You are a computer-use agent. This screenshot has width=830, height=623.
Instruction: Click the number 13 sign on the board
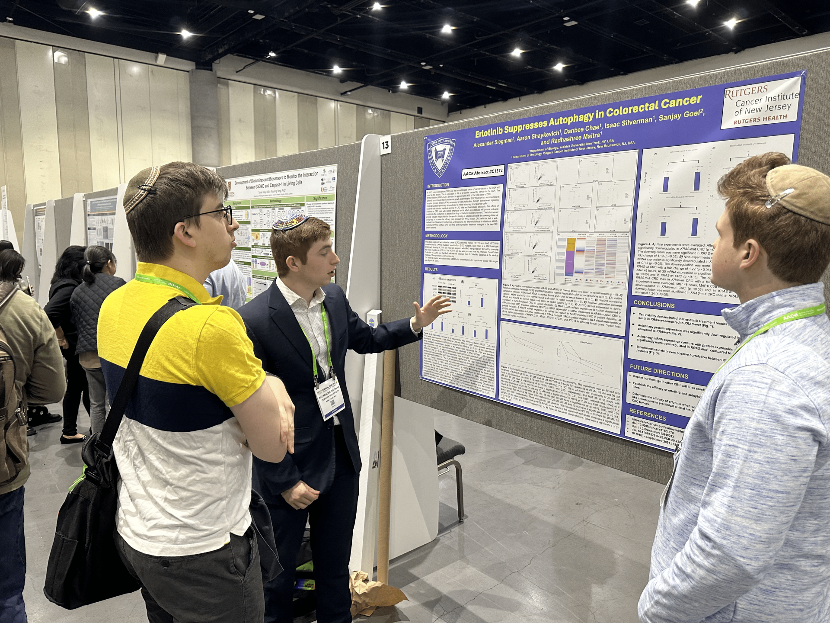point(385,145)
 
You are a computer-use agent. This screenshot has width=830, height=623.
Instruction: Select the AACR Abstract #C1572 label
point(483,172)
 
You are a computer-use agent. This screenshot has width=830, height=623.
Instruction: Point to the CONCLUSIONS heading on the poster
point(654,304)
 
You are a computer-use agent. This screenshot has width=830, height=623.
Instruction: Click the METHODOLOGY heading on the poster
point(437,236)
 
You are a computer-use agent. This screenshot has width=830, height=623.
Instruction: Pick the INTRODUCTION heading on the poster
point(438,185)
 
